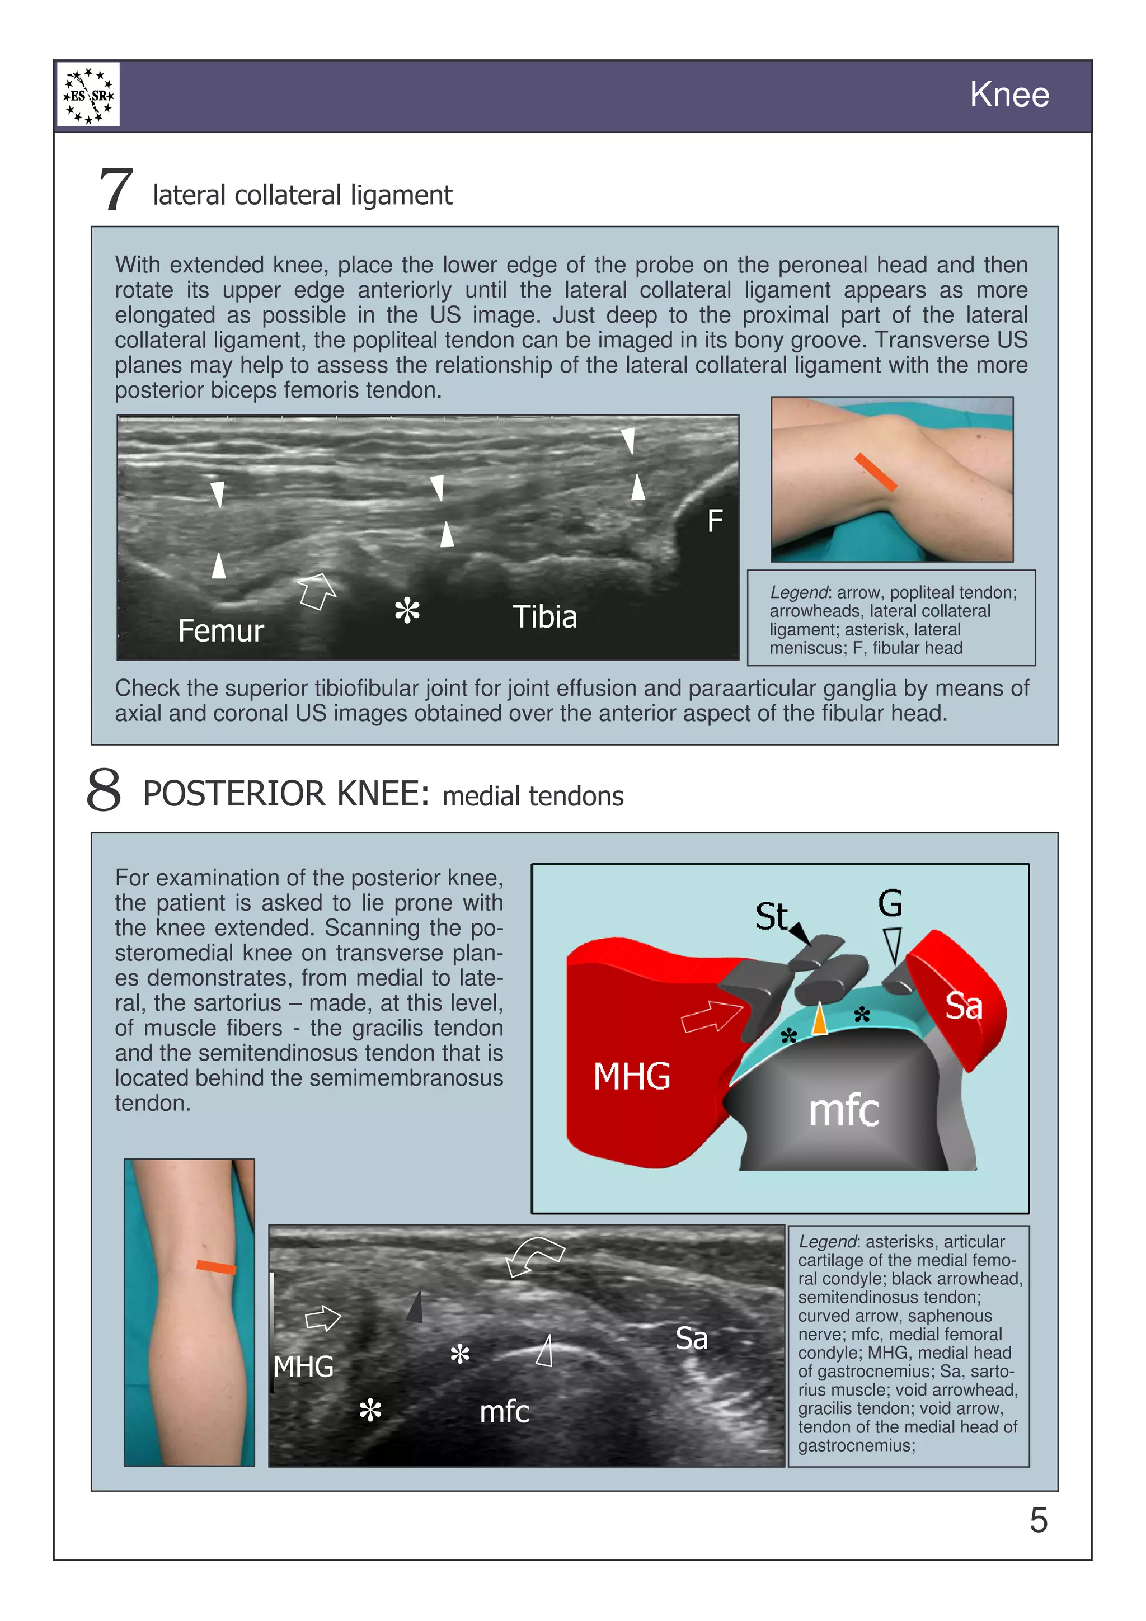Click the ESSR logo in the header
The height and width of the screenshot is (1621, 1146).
[x=88, y=95]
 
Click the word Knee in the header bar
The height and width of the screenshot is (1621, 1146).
[x=1008, y=95]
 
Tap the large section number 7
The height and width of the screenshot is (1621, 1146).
[x=116, y=190]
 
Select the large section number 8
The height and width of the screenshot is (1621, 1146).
[x=104, y=791]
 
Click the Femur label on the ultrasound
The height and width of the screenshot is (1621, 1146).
[x=220, y=630]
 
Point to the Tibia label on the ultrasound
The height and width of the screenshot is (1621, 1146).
[x=544, y=617]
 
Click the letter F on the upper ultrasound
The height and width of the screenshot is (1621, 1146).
[x=715, y=522]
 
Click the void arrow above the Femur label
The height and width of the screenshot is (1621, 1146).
[x=316, y=590]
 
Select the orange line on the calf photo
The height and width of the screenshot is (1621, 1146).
[x=216, y=1267]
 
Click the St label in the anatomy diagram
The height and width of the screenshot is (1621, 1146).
[x=771, y=916]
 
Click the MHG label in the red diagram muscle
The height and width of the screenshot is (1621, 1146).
[x=631, y=1077]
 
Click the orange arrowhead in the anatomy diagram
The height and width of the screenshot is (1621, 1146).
[x=819, y=1020]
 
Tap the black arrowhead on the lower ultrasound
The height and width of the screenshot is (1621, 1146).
[x=416, y=1308]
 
